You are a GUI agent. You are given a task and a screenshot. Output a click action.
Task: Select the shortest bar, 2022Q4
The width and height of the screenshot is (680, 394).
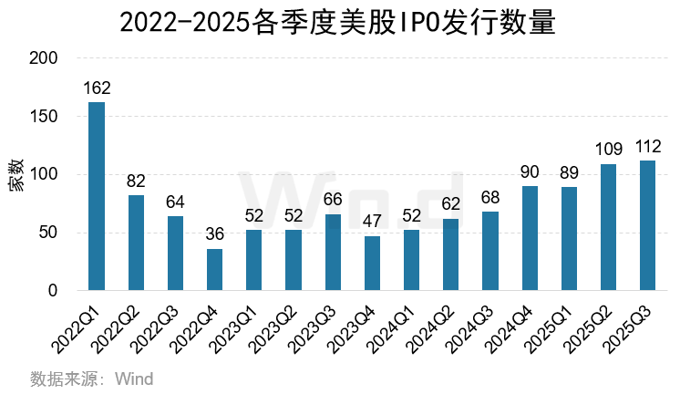[214, 269]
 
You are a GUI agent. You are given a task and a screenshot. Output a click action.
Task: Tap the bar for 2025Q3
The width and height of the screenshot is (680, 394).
[648, 225]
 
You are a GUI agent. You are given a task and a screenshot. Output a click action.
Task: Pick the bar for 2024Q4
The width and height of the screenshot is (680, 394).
[530, 238]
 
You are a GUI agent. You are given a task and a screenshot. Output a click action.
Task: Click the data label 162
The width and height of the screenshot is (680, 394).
[97, 89]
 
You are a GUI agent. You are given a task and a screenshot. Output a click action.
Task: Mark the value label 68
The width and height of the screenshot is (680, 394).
[490, 199]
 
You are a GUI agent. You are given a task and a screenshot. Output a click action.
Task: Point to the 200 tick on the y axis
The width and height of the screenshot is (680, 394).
[45, 58]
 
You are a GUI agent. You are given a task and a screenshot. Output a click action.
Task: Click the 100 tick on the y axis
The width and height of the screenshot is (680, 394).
[45, 174]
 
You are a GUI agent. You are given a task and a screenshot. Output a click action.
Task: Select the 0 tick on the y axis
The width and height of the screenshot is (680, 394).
[53, 291]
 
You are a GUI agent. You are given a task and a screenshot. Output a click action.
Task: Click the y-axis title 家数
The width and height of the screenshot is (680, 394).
[16, 174]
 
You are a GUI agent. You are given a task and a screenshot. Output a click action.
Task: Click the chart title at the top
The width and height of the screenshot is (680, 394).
[339, 21]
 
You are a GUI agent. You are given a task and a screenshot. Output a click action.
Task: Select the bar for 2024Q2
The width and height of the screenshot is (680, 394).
[451, 254]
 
